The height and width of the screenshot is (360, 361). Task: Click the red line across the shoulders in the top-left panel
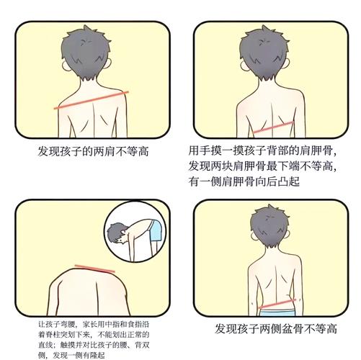click(x=91, y=100)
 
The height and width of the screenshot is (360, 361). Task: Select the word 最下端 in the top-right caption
click(x=293, y=168)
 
